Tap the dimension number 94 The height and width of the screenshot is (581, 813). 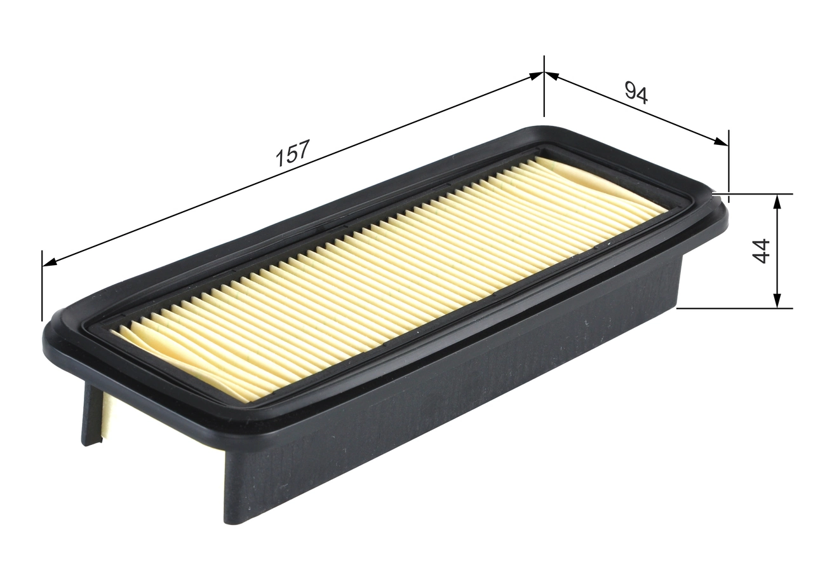point(636,93)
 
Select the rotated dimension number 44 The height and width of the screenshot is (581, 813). point(761,250)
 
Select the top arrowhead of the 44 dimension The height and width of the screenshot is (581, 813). point(776,201)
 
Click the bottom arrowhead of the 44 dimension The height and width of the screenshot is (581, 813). point(776,301)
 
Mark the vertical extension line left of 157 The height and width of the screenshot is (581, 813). point(43,286)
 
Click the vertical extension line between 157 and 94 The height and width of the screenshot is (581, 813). point(544,89)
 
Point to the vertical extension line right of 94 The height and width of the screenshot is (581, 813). point(729,162)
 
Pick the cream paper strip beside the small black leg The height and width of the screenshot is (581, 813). point(103,416)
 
